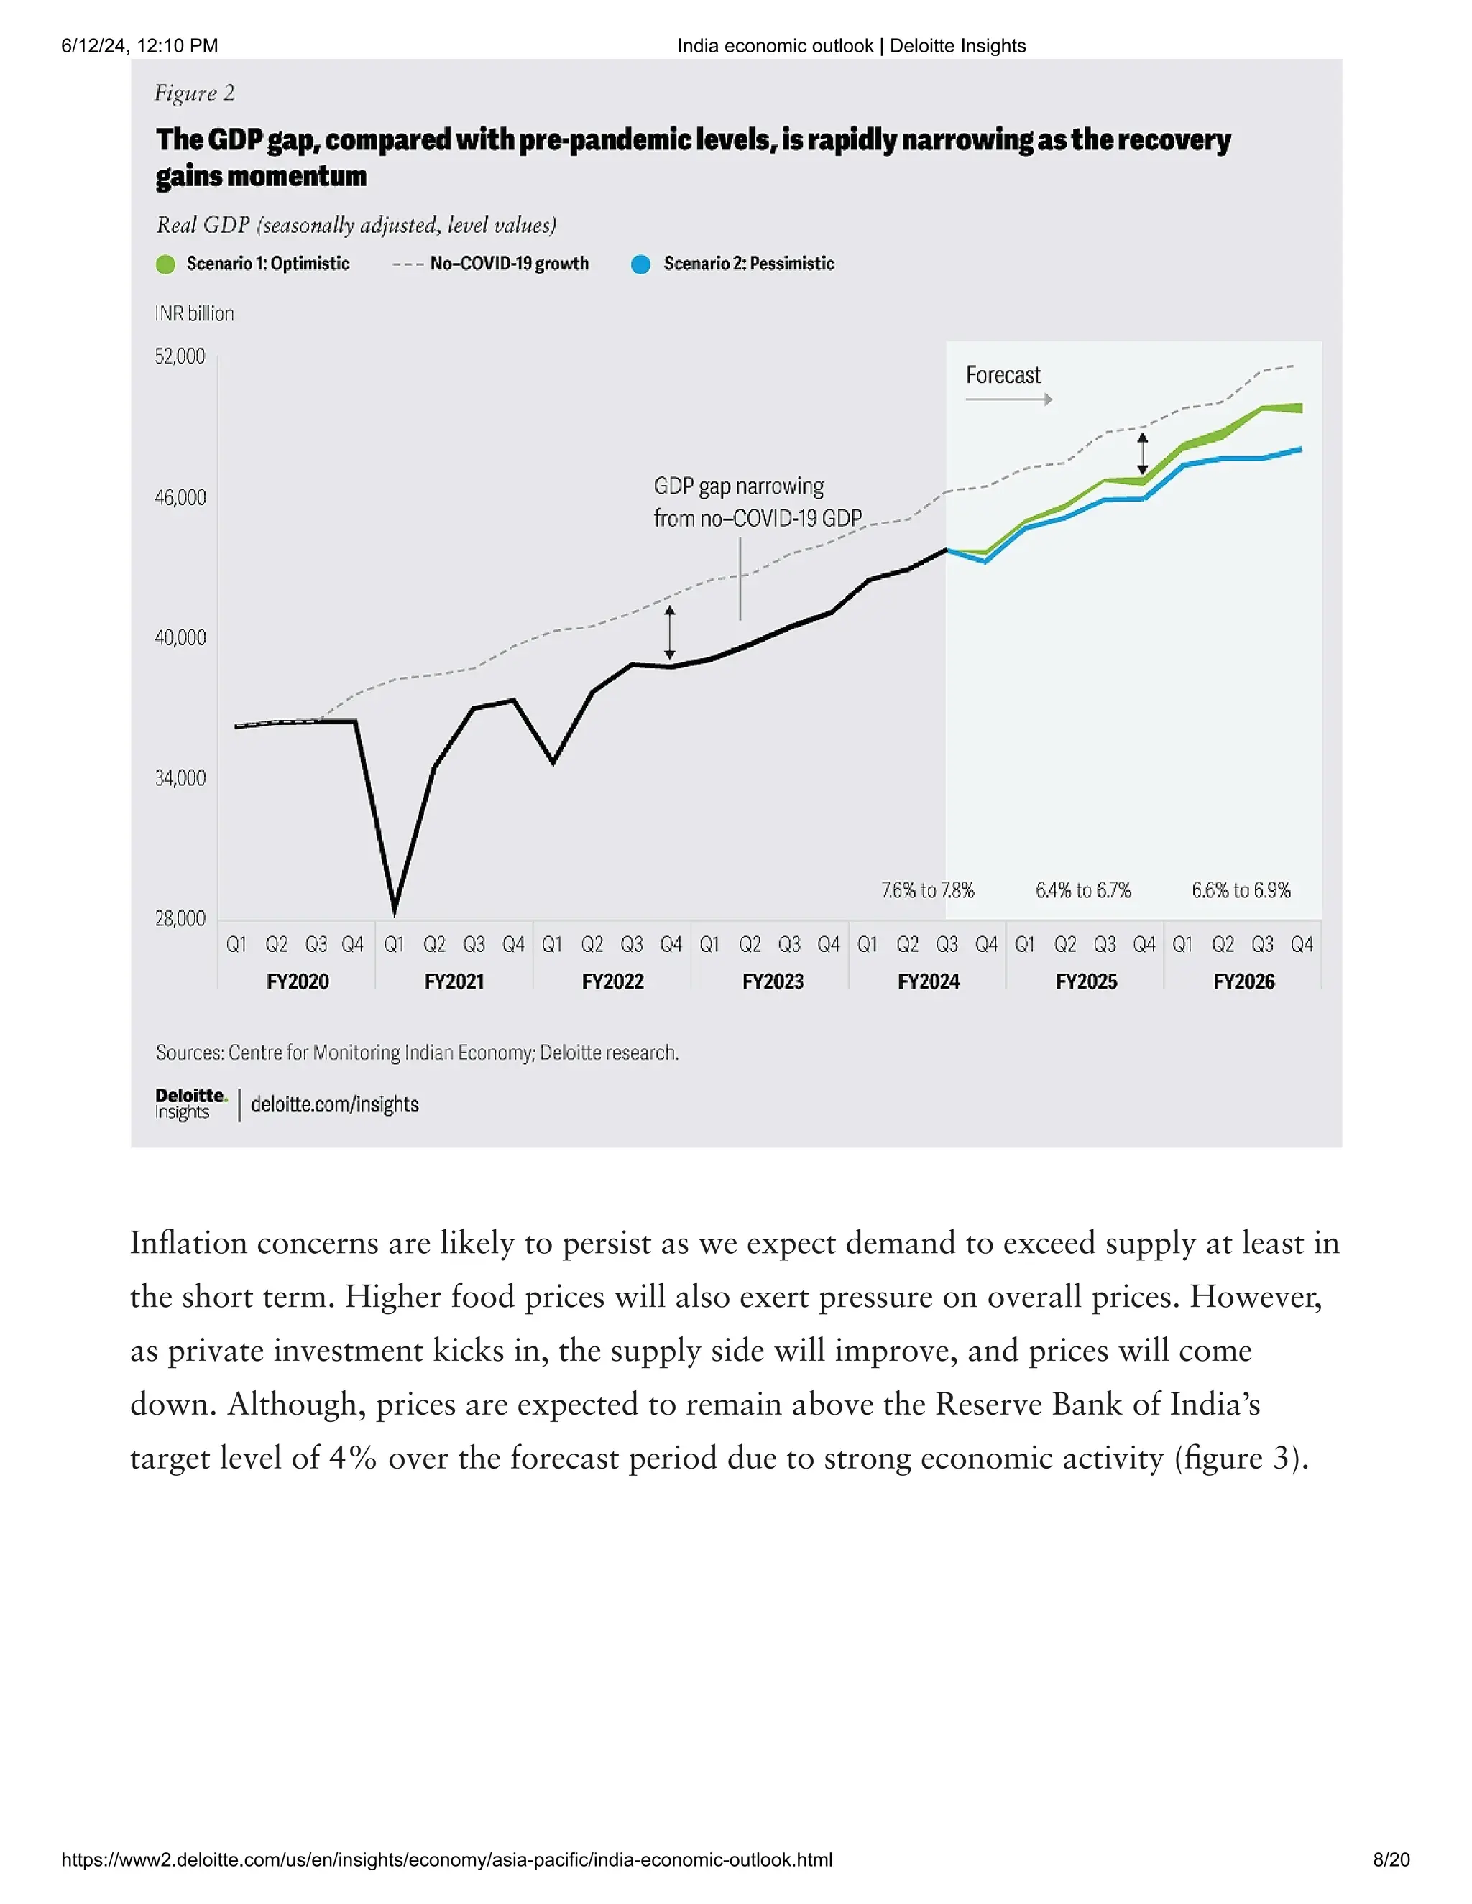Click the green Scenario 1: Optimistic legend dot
click(166, 264)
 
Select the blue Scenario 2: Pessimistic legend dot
click(641, 264)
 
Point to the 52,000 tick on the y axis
click(180, 356)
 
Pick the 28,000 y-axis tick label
click(180, 919)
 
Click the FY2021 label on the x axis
click(454, 981)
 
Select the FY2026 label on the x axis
click(1243, 981)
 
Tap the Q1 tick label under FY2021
click(394, 945)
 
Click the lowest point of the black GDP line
click(394, 911)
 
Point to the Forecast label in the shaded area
click(1003, 376)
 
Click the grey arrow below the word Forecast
click(1009, 399)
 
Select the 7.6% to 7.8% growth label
click(928, 890)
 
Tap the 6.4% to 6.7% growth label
click(1083, 890)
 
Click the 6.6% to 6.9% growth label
click(1241, 890)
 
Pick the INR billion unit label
click(195, 314)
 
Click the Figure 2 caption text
click(195, 93)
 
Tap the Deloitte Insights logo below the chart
click(190, 1104)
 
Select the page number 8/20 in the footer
click(1391, 1859)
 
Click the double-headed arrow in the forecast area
click(1142, 454)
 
